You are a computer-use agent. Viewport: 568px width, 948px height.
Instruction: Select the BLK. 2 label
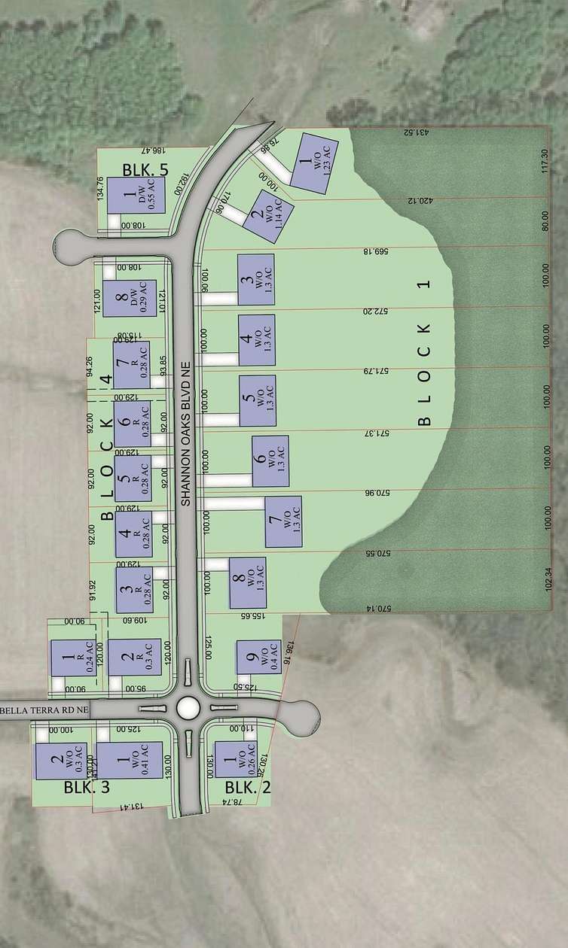248,788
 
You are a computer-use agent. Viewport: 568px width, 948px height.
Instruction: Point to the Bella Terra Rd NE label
45,709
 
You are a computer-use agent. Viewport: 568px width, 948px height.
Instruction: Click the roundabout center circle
187,708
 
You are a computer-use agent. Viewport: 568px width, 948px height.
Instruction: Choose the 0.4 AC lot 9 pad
259,659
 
